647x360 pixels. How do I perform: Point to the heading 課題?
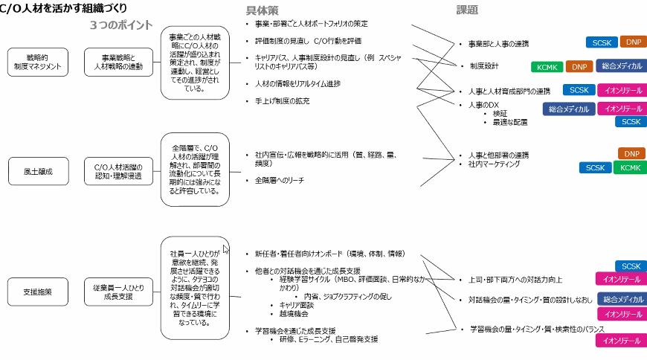pos(467,10)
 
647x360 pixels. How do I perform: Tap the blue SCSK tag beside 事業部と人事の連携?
pos(600,42)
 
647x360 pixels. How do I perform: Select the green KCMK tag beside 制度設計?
pos(547,67)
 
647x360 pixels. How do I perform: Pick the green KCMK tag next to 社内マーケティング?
pos(629,168)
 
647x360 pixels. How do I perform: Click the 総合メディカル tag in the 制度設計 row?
pos(621,66)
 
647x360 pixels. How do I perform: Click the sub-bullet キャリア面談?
pos(295,305)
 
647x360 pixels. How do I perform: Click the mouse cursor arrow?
pos(226,249)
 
